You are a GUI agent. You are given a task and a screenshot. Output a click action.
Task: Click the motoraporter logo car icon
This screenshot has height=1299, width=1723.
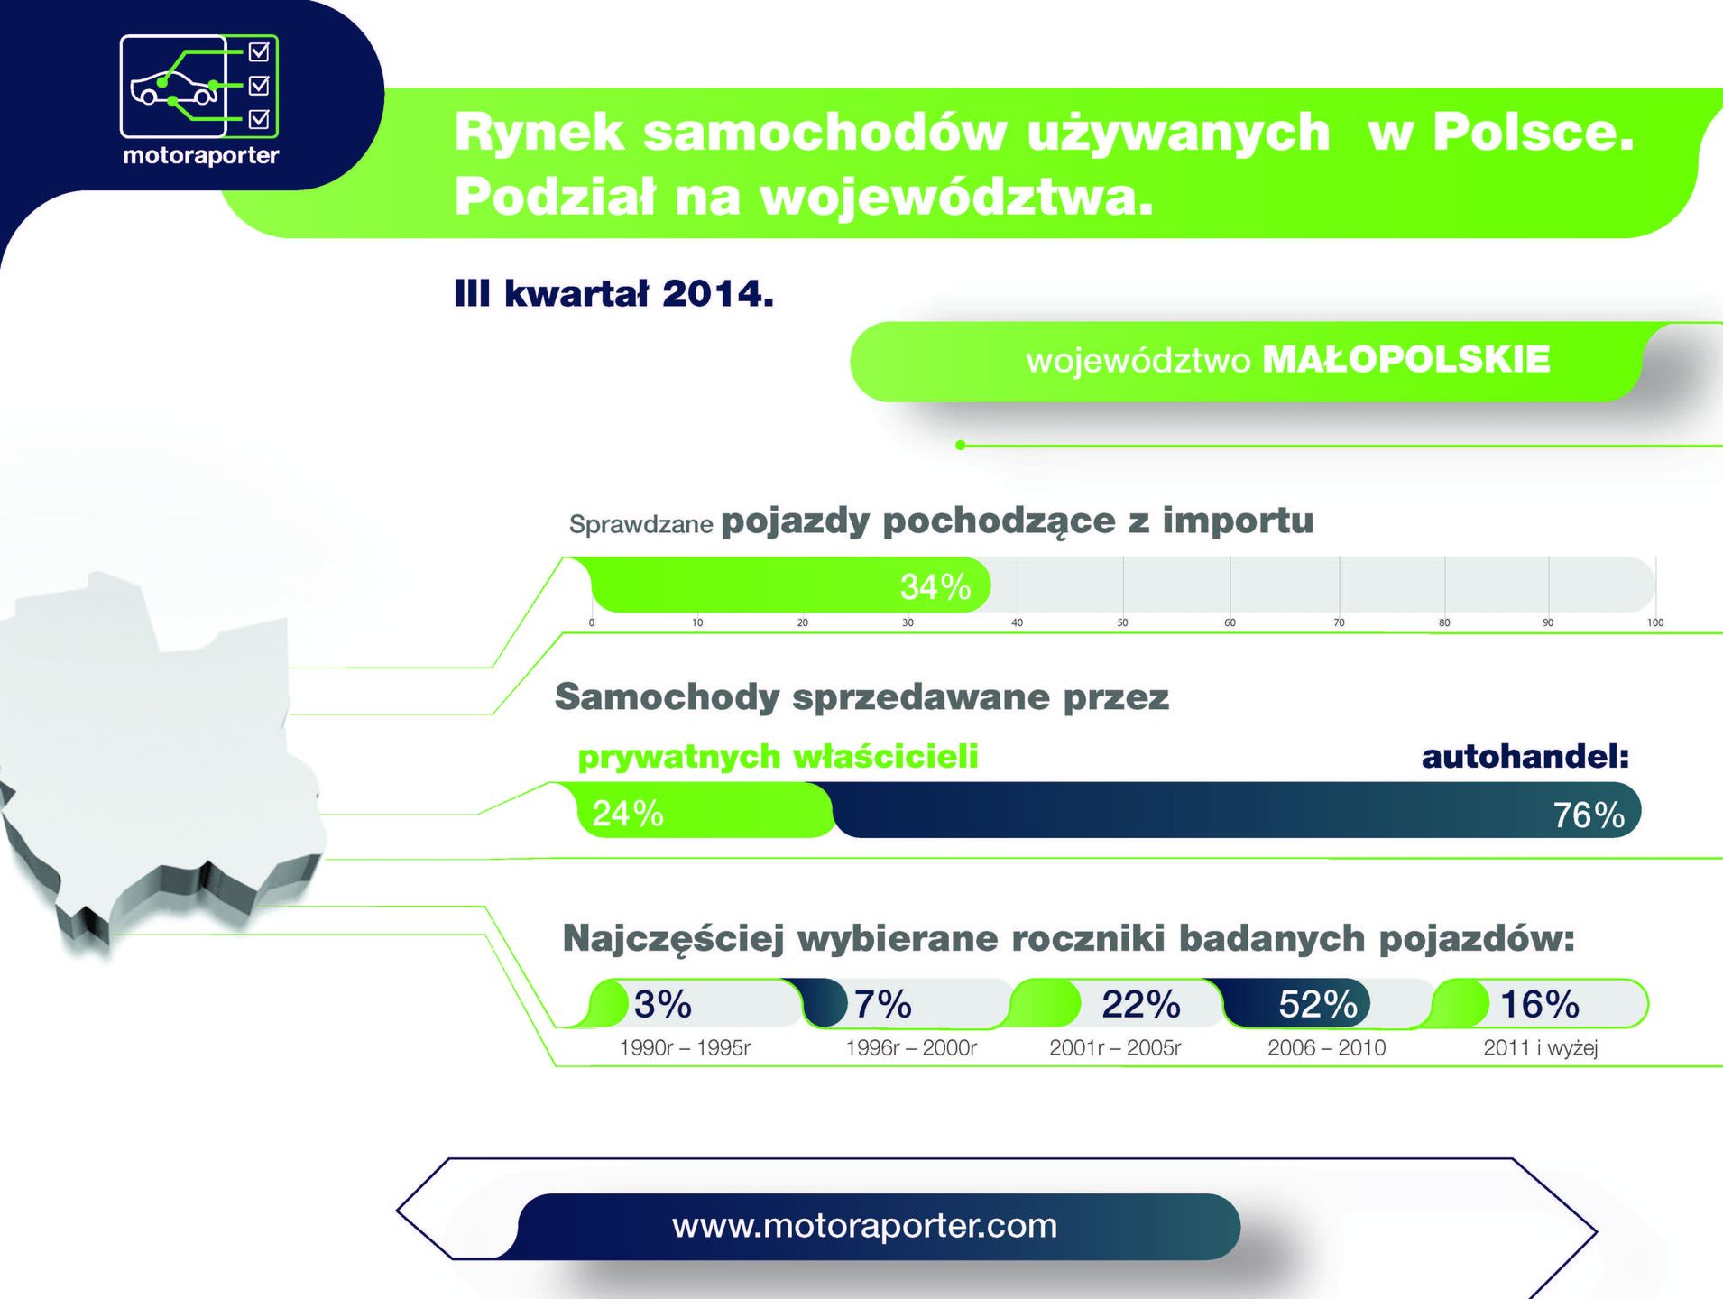[x=174, y=88]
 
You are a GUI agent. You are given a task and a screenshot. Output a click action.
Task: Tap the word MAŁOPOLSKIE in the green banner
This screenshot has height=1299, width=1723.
[x=1405, y=360]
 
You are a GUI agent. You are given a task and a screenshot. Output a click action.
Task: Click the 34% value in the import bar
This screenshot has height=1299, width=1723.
[x=935, y=587]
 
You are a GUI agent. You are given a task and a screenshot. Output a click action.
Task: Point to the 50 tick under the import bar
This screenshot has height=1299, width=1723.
[x=1122, y=622]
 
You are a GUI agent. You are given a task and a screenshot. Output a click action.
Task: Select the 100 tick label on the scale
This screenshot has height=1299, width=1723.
[x=1655, y=622]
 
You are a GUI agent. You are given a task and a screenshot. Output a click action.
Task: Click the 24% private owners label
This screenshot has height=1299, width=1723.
[x=628, y=814]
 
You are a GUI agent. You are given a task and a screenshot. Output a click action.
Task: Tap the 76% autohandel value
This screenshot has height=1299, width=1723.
[x=1589, y=815]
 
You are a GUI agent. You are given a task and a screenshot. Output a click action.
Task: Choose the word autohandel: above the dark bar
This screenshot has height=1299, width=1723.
[x=1525, y=756]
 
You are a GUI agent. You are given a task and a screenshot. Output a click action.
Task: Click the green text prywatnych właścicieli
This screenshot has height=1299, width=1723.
[x=778, y=757]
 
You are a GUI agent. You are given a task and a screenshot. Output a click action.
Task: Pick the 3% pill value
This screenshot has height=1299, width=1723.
[x=663, y=1004]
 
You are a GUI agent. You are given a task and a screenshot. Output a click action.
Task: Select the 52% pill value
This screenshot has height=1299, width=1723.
[x=1318, y=1004]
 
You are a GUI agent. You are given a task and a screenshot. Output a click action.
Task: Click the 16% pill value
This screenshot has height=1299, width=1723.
[x=1540, y=1004]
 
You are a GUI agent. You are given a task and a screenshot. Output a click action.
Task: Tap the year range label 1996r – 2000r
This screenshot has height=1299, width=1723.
[x=911, y=1048]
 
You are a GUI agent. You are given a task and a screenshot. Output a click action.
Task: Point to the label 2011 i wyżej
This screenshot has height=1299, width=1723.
[x=1541, y=1048]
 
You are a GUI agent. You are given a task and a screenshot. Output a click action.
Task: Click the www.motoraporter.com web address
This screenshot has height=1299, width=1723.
[x=864, y=1226]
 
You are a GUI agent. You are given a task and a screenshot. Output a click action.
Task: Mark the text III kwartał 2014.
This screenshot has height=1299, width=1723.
[x=613, y=294]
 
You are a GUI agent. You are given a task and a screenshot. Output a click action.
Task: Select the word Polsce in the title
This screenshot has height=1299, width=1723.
[x=1534, y=132]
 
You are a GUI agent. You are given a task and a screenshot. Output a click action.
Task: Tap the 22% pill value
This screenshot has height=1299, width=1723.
[x=1141, y=1004]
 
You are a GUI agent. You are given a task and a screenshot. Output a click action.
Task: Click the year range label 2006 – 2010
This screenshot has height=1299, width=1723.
[x=1327, y=1048]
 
